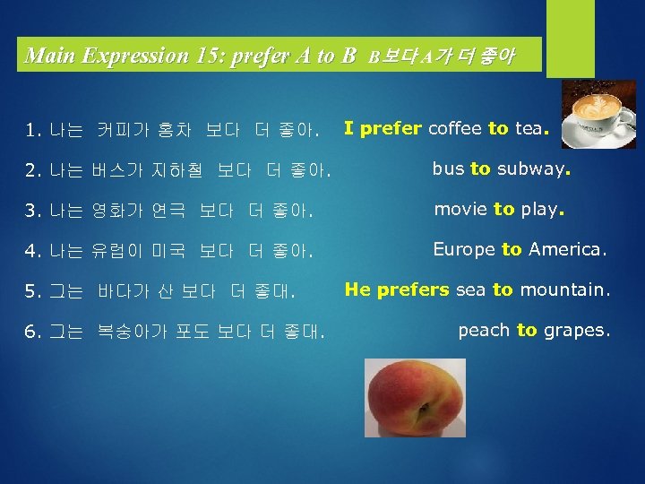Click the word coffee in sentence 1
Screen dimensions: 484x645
point(455,128)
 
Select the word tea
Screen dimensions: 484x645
point(528,128)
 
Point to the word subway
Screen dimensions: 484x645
point(533,169)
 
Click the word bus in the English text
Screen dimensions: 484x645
point(448,169)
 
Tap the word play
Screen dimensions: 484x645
point(539,210)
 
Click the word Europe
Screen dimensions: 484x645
point(464,249)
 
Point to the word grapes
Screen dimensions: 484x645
point(575,331)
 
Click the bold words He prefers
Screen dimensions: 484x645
point(397,290)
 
